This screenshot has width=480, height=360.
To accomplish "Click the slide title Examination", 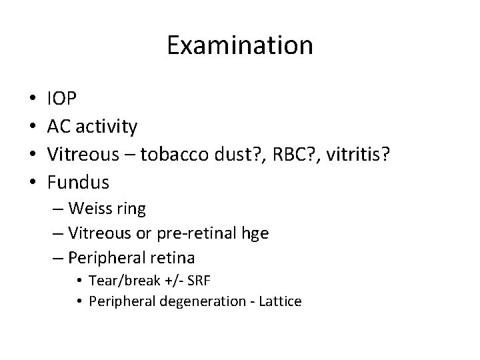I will [240, 45].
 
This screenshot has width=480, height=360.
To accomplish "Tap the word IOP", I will [62, 99].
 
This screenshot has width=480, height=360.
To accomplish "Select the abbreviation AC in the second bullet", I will [58, 126].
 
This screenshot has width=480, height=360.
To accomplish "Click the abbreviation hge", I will [255, 233].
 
